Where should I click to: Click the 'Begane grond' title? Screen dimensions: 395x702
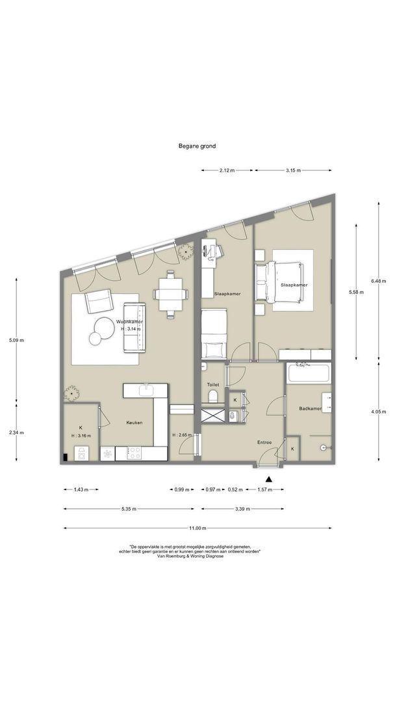tap(197, 146)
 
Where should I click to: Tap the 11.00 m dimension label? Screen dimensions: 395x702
tap(197, 528)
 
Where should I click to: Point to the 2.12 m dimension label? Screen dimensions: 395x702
tap(227, 170)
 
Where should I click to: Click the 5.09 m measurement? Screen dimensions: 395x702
tap(16, 340)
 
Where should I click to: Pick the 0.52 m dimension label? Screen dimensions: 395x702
tap(235, 489)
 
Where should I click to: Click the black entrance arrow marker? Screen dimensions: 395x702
tap(269, 478)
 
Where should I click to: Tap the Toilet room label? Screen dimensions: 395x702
tap(213, 385)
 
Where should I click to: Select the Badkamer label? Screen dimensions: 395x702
tap(310, 408)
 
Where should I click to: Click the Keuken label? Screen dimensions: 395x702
tap(134, 422)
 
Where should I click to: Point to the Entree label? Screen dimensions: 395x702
tap(264, 443)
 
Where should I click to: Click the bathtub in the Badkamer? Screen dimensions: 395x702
tap(309, 373)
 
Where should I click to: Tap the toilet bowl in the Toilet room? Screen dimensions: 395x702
tap(213, 396)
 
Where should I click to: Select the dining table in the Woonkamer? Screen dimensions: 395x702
tap(170, 294)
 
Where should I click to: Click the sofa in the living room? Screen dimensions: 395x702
tap(135, 327)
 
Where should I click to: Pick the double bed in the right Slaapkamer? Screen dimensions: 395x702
tap(279, 283)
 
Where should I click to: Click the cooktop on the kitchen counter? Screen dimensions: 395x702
tap(134, 454)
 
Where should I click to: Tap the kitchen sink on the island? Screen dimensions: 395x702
tap(146, 390)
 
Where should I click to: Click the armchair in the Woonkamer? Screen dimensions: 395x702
tap(99, 301)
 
